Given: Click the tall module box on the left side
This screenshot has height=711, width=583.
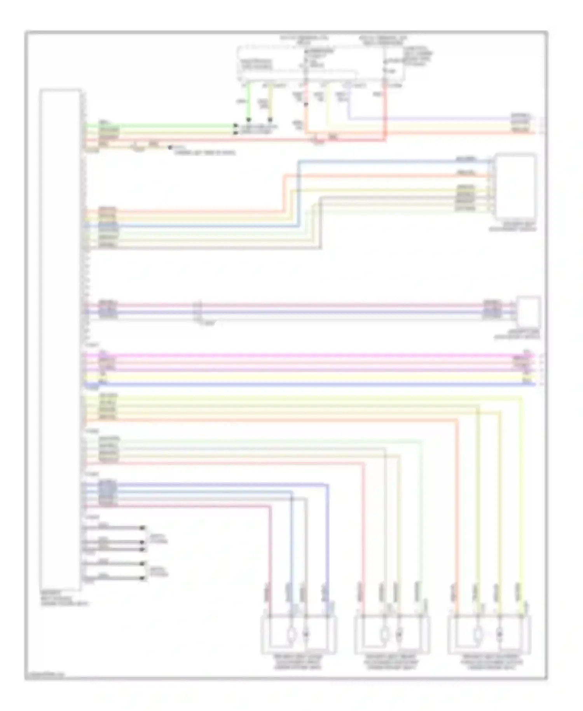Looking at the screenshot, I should [x=61, y=338].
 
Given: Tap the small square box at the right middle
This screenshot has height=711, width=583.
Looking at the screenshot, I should [x=528, y=311].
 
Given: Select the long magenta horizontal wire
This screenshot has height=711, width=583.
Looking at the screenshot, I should [x=311, y=355].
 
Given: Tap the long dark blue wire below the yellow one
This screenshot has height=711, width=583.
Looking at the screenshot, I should [x=311, y=384].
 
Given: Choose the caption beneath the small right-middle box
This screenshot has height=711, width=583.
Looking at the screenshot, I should [x=517, y=336].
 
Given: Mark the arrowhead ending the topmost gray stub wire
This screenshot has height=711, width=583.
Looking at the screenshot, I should [x=143, y=528].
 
